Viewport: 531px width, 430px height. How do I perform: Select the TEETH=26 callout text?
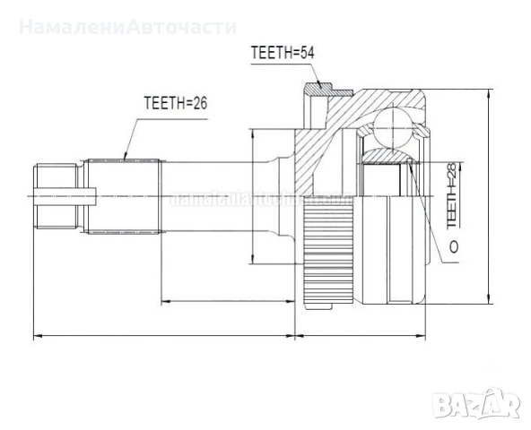(175, 104)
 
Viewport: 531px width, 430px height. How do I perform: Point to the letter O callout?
(452, 245)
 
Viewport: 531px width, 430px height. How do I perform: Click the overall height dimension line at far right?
(487, 197)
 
